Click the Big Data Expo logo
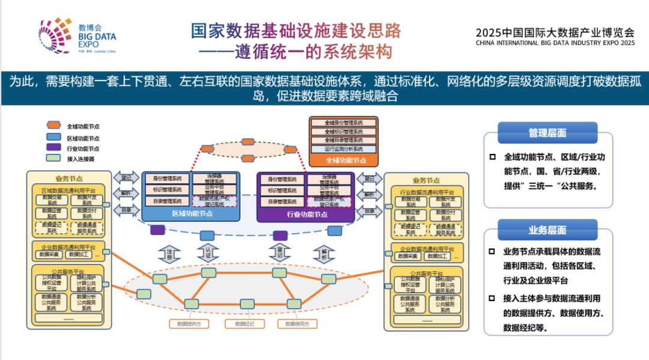click(78, 36)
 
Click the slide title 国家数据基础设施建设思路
click(296, 31)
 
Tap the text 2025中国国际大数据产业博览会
click(555, 31)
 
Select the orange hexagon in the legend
click(54, 126)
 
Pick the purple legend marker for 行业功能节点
click(54, 148)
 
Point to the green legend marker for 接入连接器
click(54, 159)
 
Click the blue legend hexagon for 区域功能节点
click(54, 137)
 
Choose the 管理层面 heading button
click(547, 133)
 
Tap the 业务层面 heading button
click(547, 230)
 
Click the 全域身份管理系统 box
click(344, 123)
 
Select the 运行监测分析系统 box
click(344, 148)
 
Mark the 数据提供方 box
click(189, 324)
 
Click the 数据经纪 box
click(245, 324)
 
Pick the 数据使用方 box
click(297, 324)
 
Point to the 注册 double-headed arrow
click(169, 254)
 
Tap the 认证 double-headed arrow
click(209, 252)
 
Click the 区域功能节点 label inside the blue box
click(191, 213)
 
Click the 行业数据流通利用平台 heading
click(427, 192)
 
